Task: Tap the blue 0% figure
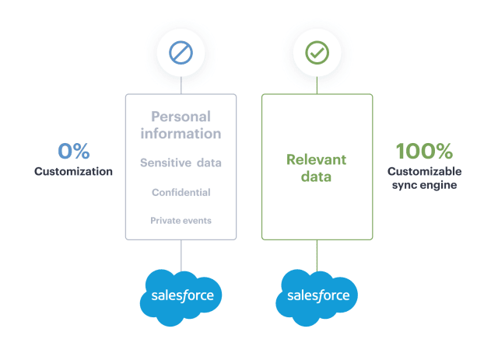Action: tap(74, 151)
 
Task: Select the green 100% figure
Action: tap(424, 151)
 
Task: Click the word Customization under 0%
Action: tap(73, 171)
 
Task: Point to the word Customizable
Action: tap(424, 171)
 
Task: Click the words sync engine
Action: tap(424, 185)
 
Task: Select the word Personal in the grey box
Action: tap(181, 117)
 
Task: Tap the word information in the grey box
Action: tap(181, 134)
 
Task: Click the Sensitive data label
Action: tap(181, 163)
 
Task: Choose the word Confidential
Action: tap(181, 192)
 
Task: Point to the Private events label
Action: tap(181, 221)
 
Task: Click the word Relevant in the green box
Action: tap(317, 159)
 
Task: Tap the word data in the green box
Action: tap(317, 177)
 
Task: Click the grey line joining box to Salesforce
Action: tap(181, 256)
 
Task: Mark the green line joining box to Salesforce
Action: tap(317, 256)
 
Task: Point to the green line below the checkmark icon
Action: tap(317, 85)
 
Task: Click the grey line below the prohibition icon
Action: tap(181, 85)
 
